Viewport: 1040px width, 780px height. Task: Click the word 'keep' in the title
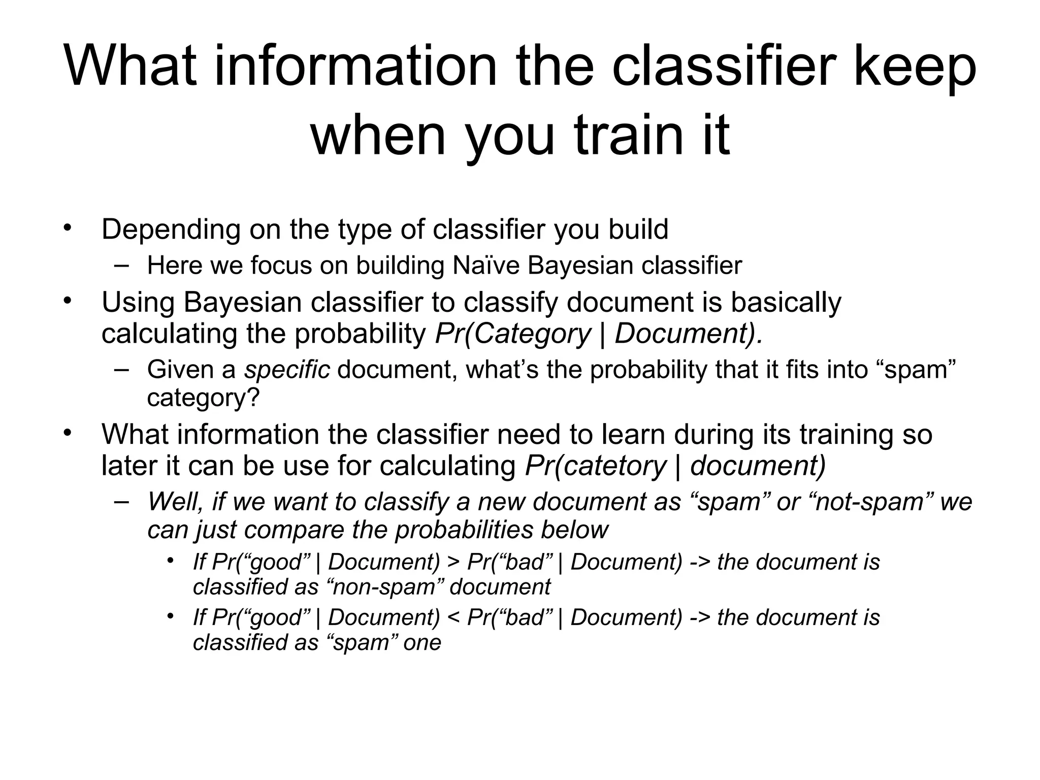[914, 67]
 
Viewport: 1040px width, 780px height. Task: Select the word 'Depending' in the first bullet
[171, 229]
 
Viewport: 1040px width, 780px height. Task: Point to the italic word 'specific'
[287, 370]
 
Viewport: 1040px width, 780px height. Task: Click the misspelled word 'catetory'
[614, 466]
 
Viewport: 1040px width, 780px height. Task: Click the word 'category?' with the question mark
[203, 398]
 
